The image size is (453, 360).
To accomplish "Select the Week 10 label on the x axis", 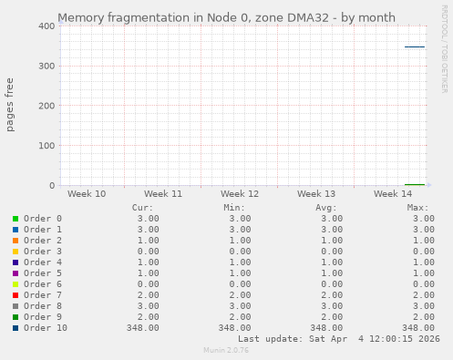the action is pos(87,194).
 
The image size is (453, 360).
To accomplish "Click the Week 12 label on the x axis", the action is pos(240,194).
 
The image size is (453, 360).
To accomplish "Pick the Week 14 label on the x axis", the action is pos(393,194).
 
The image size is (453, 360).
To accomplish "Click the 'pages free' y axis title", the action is pos(11,105).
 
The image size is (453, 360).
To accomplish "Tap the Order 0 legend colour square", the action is pos(15,219).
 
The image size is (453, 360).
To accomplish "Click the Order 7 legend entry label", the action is pos(43,295).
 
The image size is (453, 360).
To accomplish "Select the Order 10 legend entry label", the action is pos(46,328).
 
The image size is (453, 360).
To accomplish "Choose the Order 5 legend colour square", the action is pos(15,273).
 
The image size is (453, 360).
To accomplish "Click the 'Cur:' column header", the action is pos(143,208).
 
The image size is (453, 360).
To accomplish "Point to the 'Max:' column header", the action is pos(418,208).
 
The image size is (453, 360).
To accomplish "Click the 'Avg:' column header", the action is pos(326,208).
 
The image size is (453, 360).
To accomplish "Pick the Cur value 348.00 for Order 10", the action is pos(143,328).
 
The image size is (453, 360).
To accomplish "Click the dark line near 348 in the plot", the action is pos(415,46).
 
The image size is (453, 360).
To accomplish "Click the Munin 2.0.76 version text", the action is pos(226,350).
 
